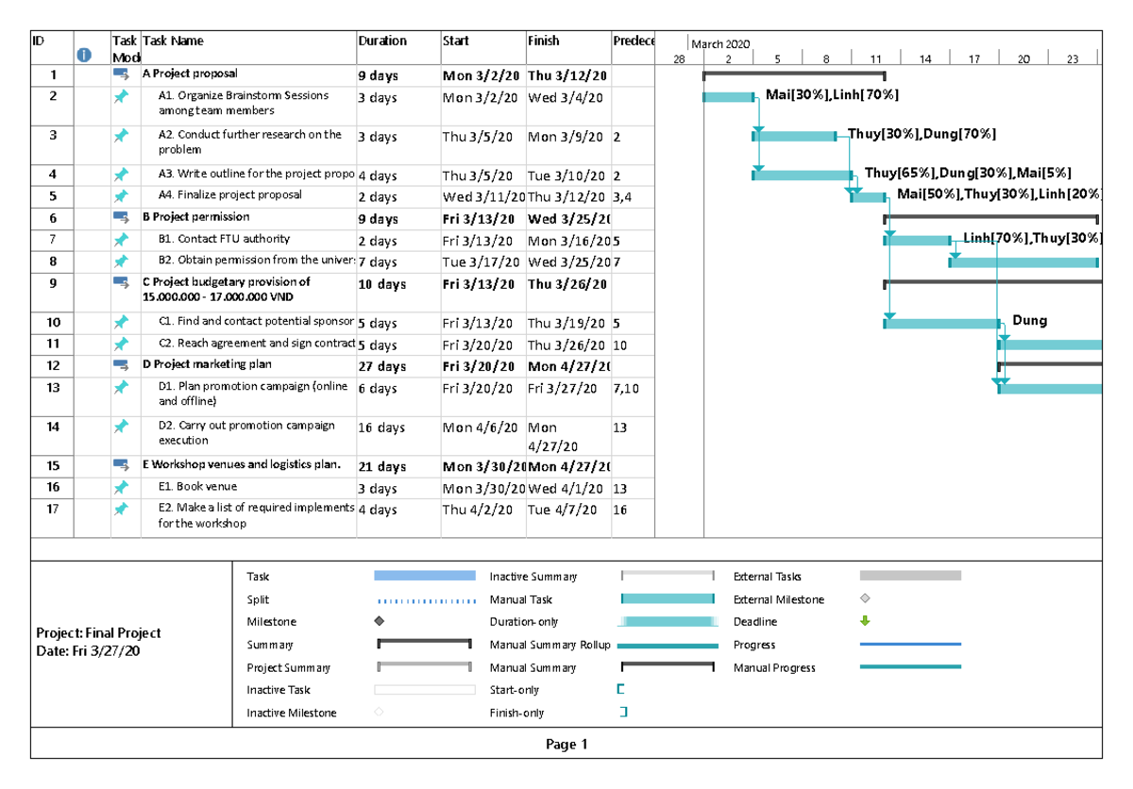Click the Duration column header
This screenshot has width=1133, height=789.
click(382, 42)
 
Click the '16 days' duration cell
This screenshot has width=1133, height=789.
click(382, 428)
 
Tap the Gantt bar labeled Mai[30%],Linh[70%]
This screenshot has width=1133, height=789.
click(729, 96)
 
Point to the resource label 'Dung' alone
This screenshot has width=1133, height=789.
click(1029, 321)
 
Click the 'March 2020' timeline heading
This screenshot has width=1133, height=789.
click(720, 44)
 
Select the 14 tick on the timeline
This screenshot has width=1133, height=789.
click(925, 59)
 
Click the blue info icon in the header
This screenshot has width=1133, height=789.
click(84, 55)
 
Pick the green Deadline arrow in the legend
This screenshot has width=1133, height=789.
click(865, 622)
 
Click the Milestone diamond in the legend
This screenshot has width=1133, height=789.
click(380, 622)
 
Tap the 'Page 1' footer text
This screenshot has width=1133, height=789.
click(566, 745)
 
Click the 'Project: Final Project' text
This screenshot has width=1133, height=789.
click(98, 633)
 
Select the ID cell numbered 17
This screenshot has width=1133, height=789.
click(53, 510)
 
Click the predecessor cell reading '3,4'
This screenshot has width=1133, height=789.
click(622, 197)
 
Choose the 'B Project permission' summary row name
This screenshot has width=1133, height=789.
click(183, 217)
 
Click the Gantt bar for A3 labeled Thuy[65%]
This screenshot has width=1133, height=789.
click(803, 175)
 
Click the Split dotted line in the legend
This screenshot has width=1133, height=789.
click(425, 600)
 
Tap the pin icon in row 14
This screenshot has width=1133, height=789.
click(121, 427)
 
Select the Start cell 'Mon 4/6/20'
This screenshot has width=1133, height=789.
click(478, 428)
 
